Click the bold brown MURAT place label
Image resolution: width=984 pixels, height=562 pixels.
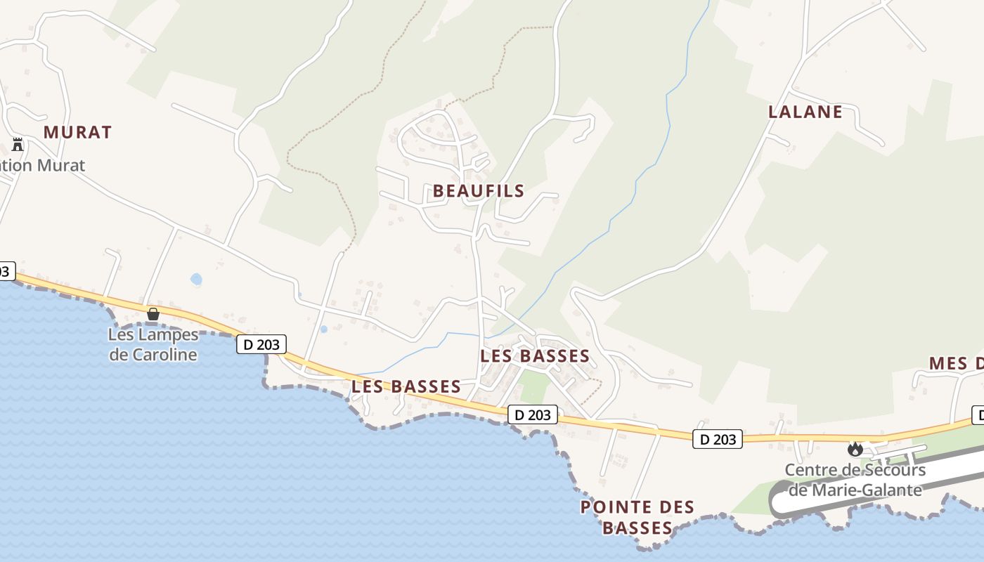click(77, 132)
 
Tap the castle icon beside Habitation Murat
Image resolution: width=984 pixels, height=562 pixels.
click(18, 145)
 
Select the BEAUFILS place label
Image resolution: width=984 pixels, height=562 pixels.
click(479, 190)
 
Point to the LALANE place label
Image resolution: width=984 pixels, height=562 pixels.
click(805, 112)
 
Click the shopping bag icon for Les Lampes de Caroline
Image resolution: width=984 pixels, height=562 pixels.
click(153, 314)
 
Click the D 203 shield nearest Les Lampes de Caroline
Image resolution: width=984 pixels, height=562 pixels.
click(261, 344)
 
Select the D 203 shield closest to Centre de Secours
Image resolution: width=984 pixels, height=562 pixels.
click(718, 439)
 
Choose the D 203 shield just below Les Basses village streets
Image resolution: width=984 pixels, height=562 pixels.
click(532, 414)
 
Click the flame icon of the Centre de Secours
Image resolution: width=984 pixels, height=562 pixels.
click(855, 449)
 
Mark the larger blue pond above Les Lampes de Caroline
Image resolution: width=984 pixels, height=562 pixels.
click(196, 280)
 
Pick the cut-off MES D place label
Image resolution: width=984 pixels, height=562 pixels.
click(956, 363)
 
